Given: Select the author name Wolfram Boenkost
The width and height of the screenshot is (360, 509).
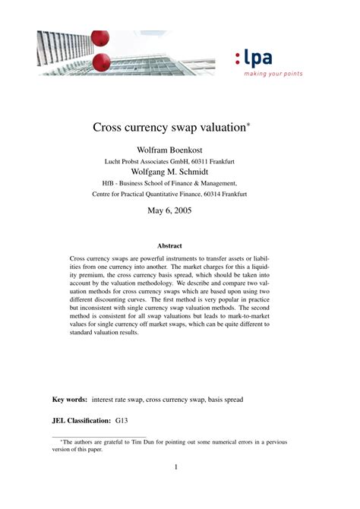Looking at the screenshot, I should point(180,150).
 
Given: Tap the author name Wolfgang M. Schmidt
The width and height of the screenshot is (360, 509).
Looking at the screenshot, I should point(180,172).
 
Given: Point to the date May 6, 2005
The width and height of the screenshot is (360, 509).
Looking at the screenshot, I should point(180,210).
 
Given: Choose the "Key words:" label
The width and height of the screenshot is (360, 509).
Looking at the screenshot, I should point(69,399).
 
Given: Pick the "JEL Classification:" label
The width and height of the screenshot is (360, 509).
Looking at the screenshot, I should point(81,419).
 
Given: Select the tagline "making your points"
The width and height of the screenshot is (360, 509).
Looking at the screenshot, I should point(273,74).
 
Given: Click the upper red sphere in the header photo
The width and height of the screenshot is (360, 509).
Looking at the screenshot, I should point(100,37).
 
